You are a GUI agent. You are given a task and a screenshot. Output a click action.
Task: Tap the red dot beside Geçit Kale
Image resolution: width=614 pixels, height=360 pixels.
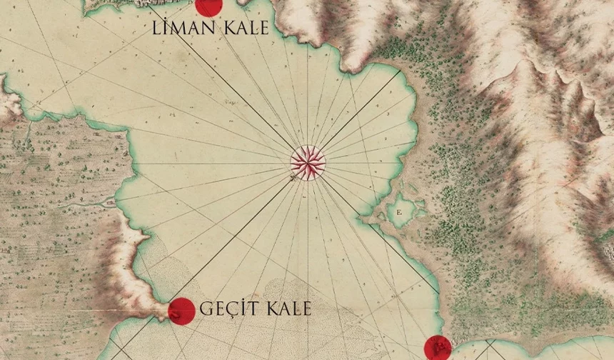point(181,311)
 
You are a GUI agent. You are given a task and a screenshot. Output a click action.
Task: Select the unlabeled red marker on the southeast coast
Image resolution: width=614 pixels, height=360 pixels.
point(438,349)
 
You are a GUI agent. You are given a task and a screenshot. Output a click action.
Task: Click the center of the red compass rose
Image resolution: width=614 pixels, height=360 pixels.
point(308,162)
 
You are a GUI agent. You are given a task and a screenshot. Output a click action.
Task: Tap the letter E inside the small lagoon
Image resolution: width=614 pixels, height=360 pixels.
point(398,212)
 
